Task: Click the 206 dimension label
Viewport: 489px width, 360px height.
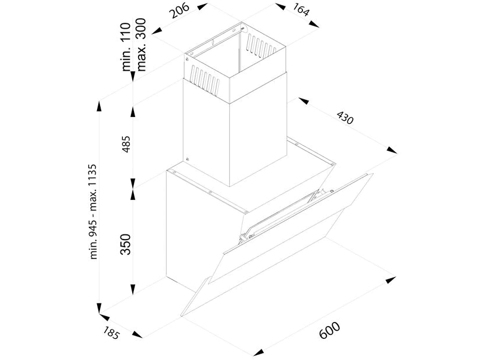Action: [x=180, y=11]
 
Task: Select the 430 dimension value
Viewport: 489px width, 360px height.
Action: [x=345, y=118]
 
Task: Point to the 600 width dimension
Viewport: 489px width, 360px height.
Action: [x=330, y=330]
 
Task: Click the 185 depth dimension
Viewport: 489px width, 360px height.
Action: [x=111, y=333]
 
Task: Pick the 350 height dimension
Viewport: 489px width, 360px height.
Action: [x=126, y=244]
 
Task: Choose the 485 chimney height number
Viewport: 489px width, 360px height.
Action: [x=126, y=144]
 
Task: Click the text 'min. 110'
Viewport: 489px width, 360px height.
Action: [x=126, y=47]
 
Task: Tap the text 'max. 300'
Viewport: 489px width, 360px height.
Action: [x=140, y=45]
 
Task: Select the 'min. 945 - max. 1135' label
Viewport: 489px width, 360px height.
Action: [x=94, y=212]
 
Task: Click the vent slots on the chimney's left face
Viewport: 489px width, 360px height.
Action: [x=205, y=79]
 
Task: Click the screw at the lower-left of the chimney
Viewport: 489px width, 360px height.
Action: [x=187, y=160]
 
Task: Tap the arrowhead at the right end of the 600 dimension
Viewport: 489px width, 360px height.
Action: [x=391, y=279]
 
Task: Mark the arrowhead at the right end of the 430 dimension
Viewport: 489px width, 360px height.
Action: [x=392, y=150]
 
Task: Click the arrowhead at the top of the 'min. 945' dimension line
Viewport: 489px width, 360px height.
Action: [x=99, y=106]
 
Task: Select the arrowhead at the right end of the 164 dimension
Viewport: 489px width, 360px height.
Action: [x=314, y=25]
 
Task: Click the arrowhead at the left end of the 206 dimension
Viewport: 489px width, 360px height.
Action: [x=157, y=30]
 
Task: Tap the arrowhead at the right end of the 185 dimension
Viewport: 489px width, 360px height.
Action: [x=137, y=334]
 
